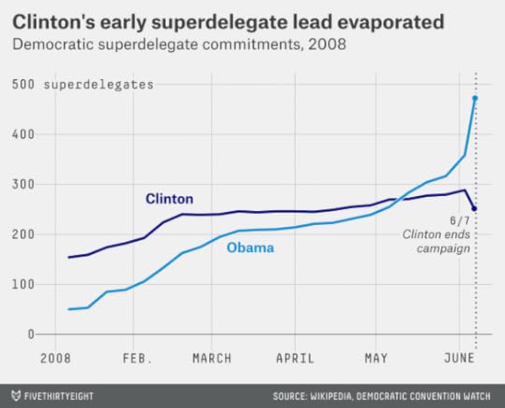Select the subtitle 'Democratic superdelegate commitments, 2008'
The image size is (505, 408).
(178, 43)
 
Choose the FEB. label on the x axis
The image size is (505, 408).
(137, 358)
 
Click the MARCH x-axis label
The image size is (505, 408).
(211, 358)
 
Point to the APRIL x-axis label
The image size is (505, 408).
(295, 358)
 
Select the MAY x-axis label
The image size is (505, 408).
(375, 358)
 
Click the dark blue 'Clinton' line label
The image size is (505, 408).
(169, 199)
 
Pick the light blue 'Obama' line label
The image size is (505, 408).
(250, 248)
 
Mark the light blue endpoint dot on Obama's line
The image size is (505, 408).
(475, 98)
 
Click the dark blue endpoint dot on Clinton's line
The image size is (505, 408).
(475, 209)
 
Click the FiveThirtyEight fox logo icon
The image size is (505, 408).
(14, 393)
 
